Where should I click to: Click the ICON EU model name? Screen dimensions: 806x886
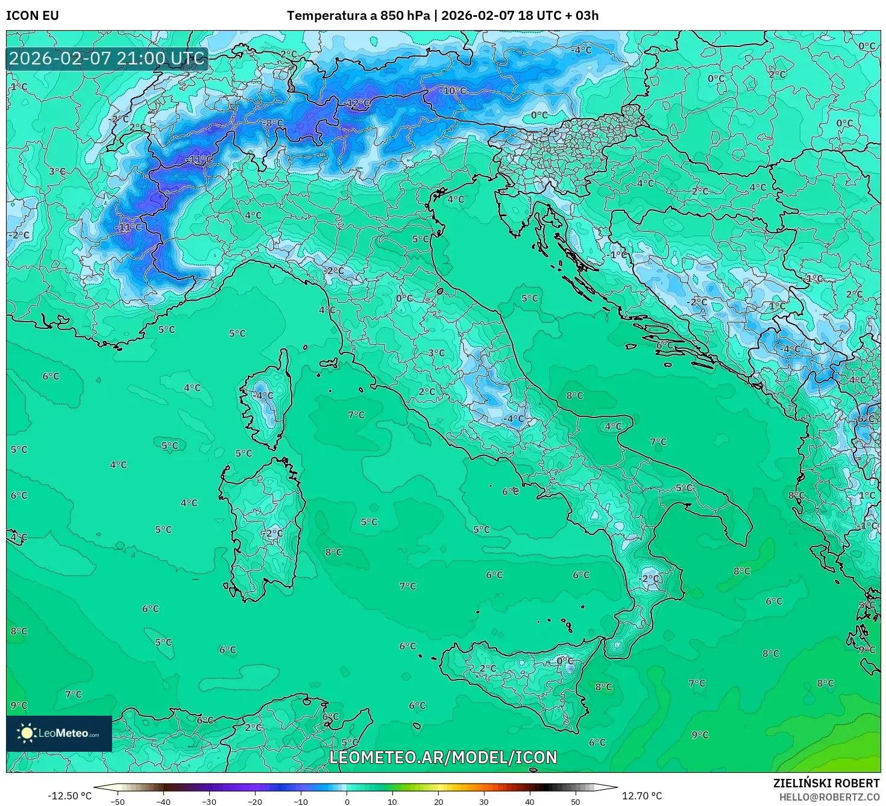(33, 16)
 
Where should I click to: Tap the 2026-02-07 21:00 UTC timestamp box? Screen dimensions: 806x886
(107, 58)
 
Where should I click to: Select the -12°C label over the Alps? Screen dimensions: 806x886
(358, 104)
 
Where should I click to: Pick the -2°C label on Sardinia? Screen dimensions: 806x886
(271, 533)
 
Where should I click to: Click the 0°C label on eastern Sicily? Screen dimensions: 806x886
(565, 661)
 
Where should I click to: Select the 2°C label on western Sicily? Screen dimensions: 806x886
(488, 669)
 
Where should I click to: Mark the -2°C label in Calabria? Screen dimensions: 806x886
(650, 578)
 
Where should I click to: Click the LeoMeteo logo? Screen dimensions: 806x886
(59, 733)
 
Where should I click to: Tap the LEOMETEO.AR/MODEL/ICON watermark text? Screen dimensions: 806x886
(443, 757)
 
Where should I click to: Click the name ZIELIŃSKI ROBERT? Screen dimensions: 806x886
(826, 783)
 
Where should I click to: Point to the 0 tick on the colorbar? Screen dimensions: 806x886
(347, 801)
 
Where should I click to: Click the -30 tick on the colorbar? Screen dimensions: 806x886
(209, 801)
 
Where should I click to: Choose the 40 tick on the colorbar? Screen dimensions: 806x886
(530, 801)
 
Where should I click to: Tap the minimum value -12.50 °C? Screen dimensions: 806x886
(70, 796)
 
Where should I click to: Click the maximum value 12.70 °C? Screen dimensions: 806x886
(641, 796)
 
